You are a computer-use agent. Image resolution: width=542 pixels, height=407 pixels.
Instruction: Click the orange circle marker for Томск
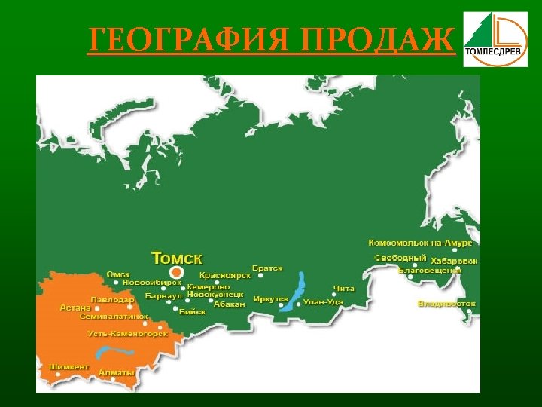(176, 271)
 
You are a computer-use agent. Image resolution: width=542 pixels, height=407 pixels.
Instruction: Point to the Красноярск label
(224, 277)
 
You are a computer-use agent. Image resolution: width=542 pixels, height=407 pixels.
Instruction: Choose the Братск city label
(267, 268)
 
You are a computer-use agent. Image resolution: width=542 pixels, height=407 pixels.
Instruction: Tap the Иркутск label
(271, 299)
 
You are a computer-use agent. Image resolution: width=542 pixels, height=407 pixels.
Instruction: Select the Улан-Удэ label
(324, 302)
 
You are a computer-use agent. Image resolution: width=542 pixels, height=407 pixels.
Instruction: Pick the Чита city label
(343, 289)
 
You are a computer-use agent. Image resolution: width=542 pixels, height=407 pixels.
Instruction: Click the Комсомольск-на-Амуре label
(420, 243)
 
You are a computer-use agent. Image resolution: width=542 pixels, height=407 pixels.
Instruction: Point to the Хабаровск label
(454, 261)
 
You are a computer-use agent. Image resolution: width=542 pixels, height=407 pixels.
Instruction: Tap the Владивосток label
(446, 304)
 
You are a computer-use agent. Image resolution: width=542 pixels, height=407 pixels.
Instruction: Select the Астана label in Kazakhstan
(75, 308)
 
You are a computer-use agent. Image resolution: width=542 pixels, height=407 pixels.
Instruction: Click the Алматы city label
(117, 372)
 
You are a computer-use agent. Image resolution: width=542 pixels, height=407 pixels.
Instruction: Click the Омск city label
(118, 274)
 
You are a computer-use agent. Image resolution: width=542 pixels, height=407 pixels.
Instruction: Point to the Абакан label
(230, 304)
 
